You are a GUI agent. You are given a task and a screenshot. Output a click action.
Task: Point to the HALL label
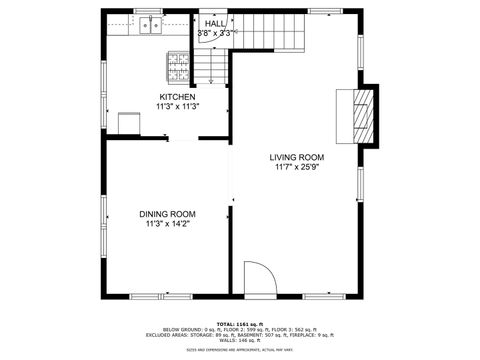(x=215, y=23)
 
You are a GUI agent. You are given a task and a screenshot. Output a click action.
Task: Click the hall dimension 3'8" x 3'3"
(x=215, y=33)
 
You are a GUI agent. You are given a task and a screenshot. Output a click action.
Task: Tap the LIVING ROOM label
(x=297, y=157)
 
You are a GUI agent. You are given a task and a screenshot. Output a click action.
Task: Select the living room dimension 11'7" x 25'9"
(x=297, y=167)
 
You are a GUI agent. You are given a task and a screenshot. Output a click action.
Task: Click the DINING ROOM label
(x=167, y=214)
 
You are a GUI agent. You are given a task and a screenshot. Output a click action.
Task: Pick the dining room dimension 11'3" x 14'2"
(x=167, y=224)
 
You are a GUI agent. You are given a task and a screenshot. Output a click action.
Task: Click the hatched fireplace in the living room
(x=360, y=114)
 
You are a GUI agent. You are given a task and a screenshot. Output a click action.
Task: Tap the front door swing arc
(x=258, y=277)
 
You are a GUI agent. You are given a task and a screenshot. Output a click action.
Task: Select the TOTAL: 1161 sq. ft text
(x=240, y=324)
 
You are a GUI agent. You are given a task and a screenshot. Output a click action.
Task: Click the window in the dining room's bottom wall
(x=162, y=296)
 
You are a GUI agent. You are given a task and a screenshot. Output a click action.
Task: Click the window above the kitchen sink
(x=150, y=11)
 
